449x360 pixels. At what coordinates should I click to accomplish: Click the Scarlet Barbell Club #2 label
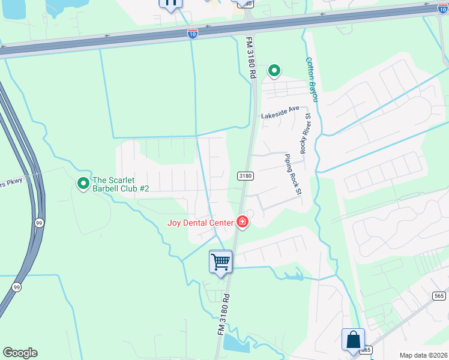(120, 184)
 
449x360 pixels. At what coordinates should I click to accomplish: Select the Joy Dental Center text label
(200, 223)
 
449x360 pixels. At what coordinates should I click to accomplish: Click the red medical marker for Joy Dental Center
(243, 223)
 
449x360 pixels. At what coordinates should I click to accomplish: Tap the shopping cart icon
(220, 262)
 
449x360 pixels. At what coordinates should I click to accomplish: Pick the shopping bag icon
(353, 339)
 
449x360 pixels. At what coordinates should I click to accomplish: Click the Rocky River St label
(306, 133)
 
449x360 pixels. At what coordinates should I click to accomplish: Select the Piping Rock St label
(293, 174)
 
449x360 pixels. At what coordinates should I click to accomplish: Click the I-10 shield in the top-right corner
(442, 8)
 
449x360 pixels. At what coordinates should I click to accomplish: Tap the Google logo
(20, 353)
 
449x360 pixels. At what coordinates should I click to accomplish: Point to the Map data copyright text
(423, 355)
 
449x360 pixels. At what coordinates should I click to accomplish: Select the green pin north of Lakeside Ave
(274, 71)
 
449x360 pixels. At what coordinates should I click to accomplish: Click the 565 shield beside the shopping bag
(367, 350)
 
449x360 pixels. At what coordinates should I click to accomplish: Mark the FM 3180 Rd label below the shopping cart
(222, 314)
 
